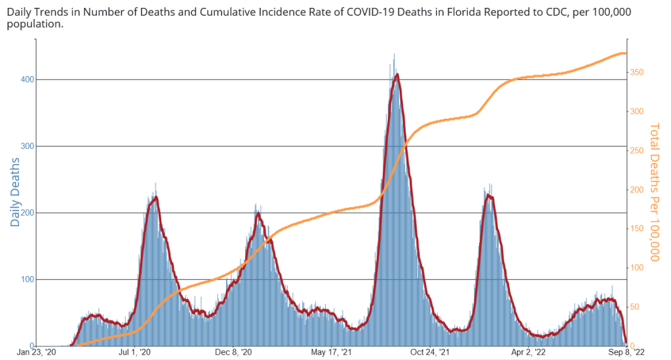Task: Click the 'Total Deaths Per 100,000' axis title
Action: coord(655,191)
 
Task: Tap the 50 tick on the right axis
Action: coord(636,307)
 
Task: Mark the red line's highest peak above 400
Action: coord(397,74)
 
